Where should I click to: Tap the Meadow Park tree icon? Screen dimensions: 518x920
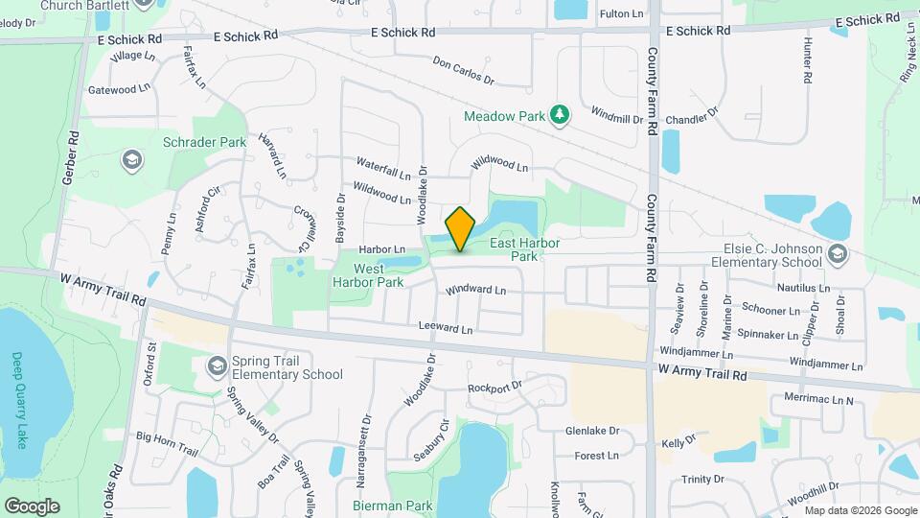pos(560,116)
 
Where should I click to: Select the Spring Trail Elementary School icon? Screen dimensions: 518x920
pos(218,366)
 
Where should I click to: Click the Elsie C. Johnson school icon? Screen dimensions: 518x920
pos(838,253)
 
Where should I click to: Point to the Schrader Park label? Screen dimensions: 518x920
pos(205,142)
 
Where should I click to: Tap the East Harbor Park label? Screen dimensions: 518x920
pos(525,250)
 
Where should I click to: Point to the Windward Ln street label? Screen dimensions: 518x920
pos(475,290)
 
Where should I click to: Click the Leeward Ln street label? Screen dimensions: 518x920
pos(446,329)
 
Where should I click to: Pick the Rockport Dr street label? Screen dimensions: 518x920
pos(494,388)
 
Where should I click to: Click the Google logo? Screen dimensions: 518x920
pos(32,506)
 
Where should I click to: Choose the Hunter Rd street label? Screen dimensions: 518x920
pos(808,59)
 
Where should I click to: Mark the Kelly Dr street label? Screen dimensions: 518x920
pos(677,442)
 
